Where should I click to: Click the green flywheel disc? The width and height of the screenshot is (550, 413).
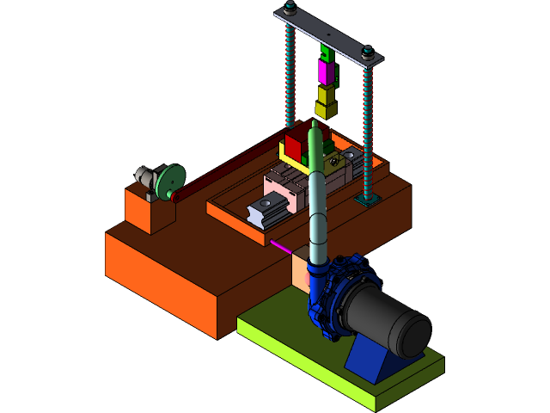tap(169, 182)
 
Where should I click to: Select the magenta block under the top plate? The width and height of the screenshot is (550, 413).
tap(324, 72)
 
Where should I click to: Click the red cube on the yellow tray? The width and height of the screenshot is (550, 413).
tap(296, 143)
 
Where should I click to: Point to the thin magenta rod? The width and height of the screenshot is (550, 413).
tap(281, 247)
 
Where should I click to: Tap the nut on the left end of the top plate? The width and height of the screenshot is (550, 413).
tap(290, 8)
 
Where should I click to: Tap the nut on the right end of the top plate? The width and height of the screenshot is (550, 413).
tap(369, 52)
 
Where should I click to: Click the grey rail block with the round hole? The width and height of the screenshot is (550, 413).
tap(266, 209)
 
